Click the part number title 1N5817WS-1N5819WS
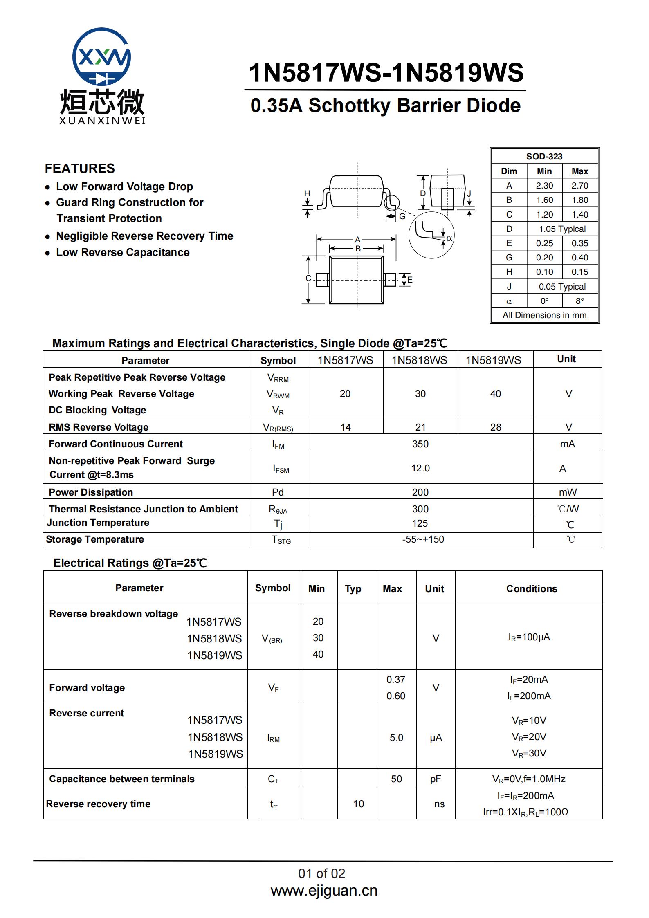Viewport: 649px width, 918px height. [386, 73]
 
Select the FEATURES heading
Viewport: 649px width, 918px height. [80, 168]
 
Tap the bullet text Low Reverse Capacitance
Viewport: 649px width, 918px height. [123, 252]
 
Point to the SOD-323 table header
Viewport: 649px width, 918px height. [544, 156]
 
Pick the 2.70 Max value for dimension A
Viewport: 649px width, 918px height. [579, 186]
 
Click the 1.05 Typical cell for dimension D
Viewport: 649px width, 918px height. [562, 229]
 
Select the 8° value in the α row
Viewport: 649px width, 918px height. [579, 301]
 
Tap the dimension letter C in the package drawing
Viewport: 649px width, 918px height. [308, 278]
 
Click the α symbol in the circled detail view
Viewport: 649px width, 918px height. [449, 238]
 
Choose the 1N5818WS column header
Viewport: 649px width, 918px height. [420, 360]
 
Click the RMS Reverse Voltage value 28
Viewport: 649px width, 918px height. [495, 427]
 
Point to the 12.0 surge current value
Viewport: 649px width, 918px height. [420, 468]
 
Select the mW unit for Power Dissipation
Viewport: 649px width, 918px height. [568, 492]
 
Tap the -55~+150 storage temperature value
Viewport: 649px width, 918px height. [423, 539]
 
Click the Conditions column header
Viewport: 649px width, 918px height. [531, 588]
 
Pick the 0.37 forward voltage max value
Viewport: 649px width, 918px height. [395, 680]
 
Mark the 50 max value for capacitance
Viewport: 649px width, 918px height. [396, 779]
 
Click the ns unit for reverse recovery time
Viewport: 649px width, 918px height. [439, 804]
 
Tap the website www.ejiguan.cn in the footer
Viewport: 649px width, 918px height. [324, 891]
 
